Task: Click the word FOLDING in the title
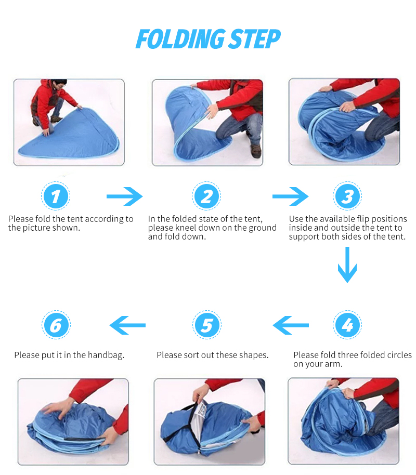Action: (x=181, y=39)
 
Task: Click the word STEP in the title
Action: (x=255, y=39)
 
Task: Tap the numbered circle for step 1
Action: (x=56, y=196)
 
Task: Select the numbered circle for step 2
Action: (x=206, y=196)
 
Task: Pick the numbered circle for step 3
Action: (x=347, y=196)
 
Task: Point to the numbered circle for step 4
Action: (x=347, y=325)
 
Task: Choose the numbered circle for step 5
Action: (x=207, y=325)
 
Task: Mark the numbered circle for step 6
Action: (x=56, y=325)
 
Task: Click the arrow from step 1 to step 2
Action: (x=125, y=196)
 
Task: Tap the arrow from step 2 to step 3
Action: (x=291, y=196)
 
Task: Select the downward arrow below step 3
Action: (x=347, y=265)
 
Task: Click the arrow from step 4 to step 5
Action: (x=291, y=325)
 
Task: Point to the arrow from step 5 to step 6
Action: (x=127, y=325)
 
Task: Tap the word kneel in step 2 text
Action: (x=185, y=228)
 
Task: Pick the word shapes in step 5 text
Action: (x=254, y=355)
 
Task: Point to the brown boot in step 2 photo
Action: (x=256, y=151)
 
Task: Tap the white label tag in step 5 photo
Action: (x=200, y=411)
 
